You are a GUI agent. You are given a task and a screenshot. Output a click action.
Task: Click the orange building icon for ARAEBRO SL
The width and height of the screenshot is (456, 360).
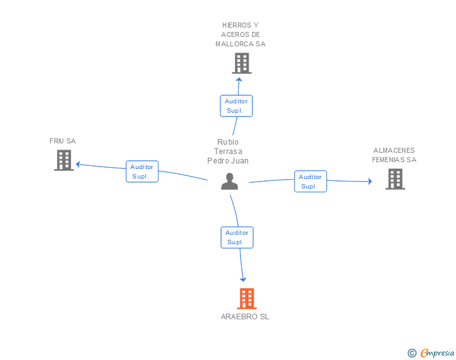247,299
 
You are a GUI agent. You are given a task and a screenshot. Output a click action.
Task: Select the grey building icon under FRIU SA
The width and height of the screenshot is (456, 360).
64,160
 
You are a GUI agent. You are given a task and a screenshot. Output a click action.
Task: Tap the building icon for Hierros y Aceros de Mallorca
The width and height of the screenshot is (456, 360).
242,63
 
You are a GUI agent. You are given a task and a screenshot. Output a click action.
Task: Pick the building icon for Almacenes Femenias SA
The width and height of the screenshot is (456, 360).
395,179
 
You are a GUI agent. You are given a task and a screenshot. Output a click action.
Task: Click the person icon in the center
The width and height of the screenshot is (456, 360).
229,182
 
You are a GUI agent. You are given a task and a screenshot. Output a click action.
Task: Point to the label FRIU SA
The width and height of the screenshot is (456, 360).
63,141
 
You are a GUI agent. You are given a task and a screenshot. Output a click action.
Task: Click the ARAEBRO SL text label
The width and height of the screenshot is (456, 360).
245,317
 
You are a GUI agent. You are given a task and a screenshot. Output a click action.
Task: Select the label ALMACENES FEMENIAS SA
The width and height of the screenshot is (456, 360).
395,155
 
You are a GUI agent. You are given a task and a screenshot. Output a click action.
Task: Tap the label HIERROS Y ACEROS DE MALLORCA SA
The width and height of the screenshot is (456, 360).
241,34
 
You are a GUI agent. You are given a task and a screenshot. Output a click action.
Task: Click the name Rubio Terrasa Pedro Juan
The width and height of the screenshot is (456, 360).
228,152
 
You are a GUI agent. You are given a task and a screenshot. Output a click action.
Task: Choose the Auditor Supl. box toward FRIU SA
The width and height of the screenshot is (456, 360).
142,172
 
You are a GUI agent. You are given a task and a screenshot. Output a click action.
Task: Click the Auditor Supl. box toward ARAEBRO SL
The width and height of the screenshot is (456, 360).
237,237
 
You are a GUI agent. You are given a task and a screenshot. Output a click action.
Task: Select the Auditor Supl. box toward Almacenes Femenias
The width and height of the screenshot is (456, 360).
311,182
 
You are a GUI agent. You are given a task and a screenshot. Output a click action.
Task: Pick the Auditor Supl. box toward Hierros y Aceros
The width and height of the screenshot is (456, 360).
236,106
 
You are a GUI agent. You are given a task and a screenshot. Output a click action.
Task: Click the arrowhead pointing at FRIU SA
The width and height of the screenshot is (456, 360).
78,165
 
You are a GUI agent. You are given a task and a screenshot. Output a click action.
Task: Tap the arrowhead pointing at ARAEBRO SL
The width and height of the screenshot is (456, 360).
243,280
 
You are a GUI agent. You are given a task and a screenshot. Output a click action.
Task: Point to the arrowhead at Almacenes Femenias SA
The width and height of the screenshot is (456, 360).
370,182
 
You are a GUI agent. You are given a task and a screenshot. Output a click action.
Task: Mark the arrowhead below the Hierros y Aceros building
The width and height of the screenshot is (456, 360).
239,80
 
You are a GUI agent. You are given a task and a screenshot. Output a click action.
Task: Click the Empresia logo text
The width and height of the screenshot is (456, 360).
437,353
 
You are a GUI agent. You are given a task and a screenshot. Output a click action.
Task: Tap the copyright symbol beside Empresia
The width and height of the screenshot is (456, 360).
412,353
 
